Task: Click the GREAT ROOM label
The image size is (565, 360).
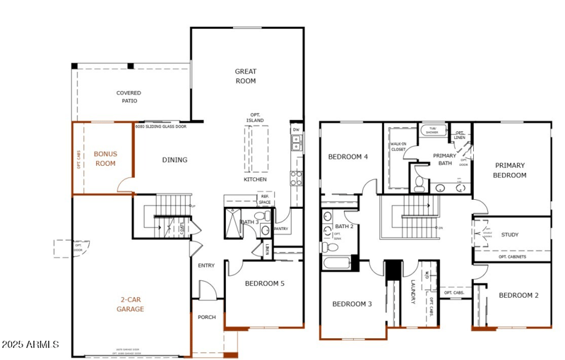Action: point(246,76)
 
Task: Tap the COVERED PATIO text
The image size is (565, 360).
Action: point(129,97)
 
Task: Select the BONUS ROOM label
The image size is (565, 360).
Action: point(105,158)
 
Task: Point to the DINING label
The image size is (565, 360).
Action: point(174,160)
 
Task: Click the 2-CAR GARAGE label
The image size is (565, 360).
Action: point(131,304)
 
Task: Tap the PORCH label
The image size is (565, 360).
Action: point(206,317)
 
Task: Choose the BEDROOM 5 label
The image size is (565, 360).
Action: point(264,284)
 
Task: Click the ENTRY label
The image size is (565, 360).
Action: point(206,265)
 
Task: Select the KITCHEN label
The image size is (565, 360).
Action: point(255,179)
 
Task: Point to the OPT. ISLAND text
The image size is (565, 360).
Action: point(256,117)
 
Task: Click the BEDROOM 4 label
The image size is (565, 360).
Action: point(347,156)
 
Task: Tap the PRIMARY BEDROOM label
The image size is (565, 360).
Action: point(511,170)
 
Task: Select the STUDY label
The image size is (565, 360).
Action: point(510,234)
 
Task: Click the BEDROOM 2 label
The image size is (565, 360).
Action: point(518,295)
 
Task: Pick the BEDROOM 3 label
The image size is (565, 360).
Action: point(352,304)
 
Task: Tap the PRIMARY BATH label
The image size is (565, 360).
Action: point(444,160)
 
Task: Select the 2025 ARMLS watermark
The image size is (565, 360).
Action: point(30,344)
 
